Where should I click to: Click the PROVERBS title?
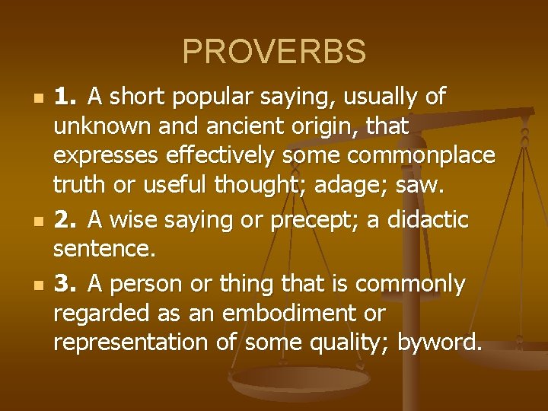click(274, 52)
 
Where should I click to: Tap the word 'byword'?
click(439, 342)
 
